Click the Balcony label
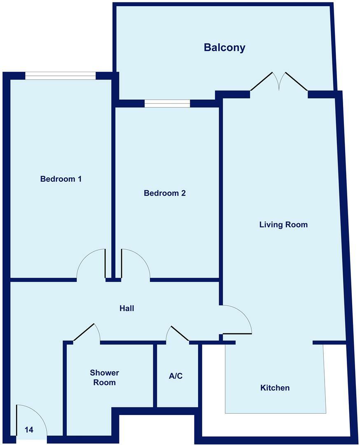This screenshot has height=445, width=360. pos(224,48)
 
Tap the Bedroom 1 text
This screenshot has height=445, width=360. pos(61,179)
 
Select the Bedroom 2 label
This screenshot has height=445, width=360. pos(165,193)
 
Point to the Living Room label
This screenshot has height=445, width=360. pos(283,225)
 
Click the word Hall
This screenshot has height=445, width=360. pos(127,308)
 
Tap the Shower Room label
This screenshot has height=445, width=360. pos(105,377)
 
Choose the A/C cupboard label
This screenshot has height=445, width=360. pos(175,376)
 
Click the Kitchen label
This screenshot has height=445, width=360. pos(275,388)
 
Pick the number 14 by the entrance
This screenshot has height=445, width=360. pos(29,430)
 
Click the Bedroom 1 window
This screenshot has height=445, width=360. pos(60,76)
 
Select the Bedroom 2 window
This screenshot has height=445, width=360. pos(167,103)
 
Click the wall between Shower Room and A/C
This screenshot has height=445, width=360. pos(155,375)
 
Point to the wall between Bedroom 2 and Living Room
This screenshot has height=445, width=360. pos(220,190)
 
